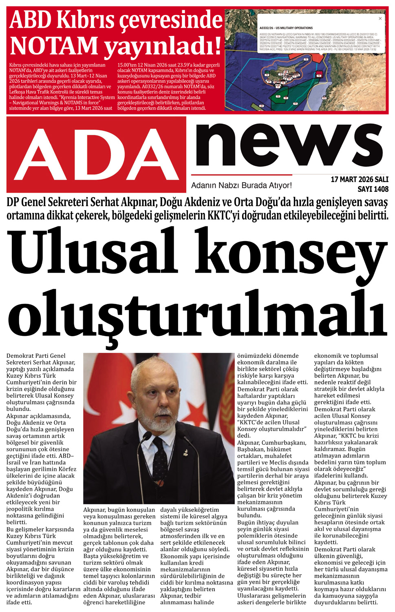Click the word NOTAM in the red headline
point(53,45)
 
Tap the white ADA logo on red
point(97,155)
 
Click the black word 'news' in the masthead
point(289,146)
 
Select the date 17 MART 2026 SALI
point(359,180)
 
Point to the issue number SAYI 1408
point(373,189)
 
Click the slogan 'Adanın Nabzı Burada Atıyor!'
point(241,186)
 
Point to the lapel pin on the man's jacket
point(185,453)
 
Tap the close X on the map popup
point(380,18)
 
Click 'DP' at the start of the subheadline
point(13,203)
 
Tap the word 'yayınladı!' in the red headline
point(163,45)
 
